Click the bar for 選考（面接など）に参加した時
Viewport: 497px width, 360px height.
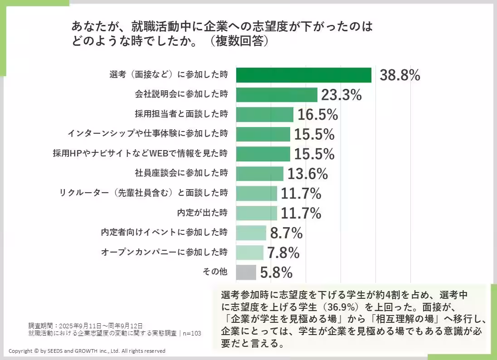303,75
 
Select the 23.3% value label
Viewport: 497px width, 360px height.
341,95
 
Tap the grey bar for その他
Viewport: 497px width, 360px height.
246,272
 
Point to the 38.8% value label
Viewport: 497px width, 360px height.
400,75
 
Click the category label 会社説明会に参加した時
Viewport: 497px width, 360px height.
181,94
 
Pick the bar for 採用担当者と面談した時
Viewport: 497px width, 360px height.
264,115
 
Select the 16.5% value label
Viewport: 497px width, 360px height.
317,115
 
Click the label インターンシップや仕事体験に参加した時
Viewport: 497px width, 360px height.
147,134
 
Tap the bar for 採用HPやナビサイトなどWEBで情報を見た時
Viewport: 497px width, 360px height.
263,154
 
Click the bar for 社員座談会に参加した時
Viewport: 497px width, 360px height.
259,174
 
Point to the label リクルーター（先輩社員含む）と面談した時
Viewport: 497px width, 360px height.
143,193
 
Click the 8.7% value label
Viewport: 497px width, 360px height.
286,234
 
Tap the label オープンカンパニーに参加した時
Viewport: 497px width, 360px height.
164,252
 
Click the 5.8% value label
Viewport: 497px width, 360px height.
276,273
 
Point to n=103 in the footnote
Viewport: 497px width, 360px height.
192,333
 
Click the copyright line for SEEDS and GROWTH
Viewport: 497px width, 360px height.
87,351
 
